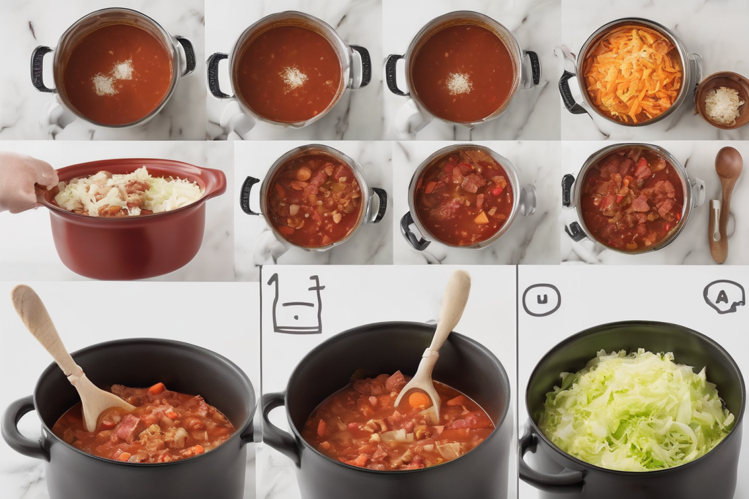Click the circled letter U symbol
point(541,300)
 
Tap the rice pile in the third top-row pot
point(459,83)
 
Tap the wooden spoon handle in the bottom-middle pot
point(452,304)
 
